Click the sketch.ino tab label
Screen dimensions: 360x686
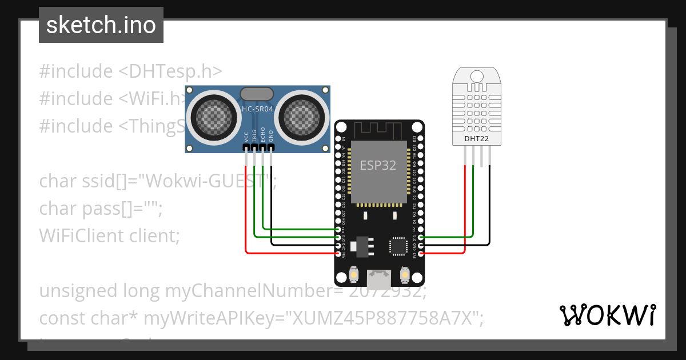[101, 25]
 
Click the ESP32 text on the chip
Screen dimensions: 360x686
[378, 166]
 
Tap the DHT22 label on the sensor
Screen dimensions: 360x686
[476, 138]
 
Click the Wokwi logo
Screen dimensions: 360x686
[607, 315]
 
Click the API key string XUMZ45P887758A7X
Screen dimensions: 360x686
[385, 318]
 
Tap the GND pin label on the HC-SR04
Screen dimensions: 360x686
[271, 136]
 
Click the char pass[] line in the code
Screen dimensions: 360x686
[101, 209]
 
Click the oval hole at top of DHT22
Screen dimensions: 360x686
[476, 75]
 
